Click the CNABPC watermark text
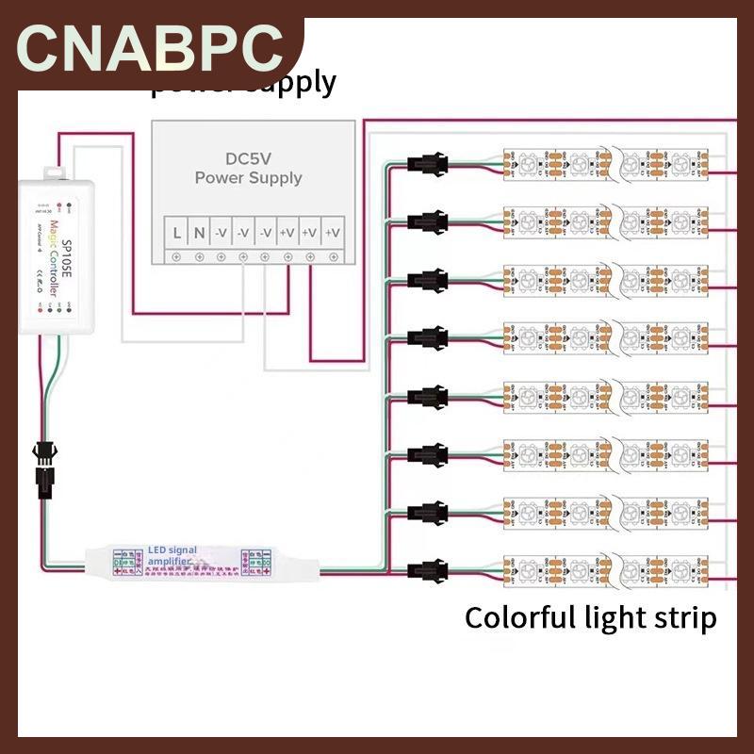pyautogui.click(x=151, y=47)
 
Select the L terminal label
pyautogui.click(x=177, y=231)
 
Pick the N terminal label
pyautogui.click(x=199, y=231)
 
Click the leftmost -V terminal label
pyautogui.click(x=221, y=231)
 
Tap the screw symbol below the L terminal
pyautogui.click(x=177, y=256)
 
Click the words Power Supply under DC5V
pyautogui.click(x=248, y=177)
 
